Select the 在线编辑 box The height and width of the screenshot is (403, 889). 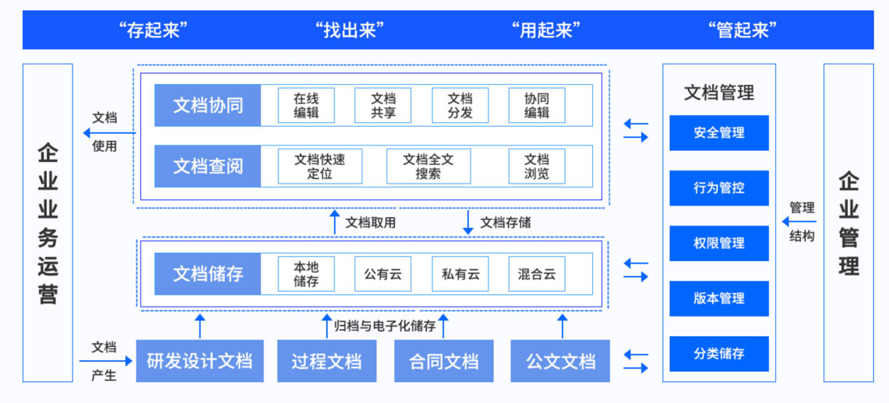pos(306,105)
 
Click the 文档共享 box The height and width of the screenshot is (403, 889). pos(383,105)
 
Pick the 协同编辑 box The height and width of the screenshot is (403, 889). pos(536,105)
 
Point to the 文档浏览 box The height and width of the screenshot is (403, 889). pos(536,166)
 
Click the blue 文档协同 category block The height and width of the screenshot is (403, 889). pos(207,105)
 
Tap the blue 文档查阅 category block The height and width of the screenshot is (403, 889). pos(207,166)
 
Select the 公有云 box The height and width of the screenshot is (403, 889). pos(383,274)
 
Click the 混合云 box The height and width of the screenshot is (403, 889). pos(536,274)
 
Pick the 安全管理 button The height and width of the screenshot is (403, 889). pos(718,133)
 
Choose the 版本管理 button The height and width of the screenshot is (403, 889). pos(718,298)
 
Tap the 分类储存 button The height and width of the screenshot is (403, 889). pos(718,353)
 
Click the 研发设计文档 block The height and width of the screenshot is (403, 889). pos(199,361)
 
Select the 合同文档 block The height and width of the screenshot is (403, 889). pos(443,361)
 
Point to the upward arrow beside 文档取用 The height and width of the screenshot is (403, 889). pos(335,222)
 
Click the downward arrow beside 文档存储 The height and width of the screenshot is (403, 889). pos(468,222)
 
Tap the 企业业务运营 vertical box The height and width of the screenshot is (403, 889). pos(48,223)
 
